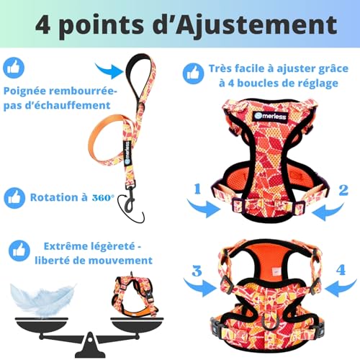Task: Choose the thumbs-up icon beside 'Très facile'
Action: [x=192, y=71]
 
